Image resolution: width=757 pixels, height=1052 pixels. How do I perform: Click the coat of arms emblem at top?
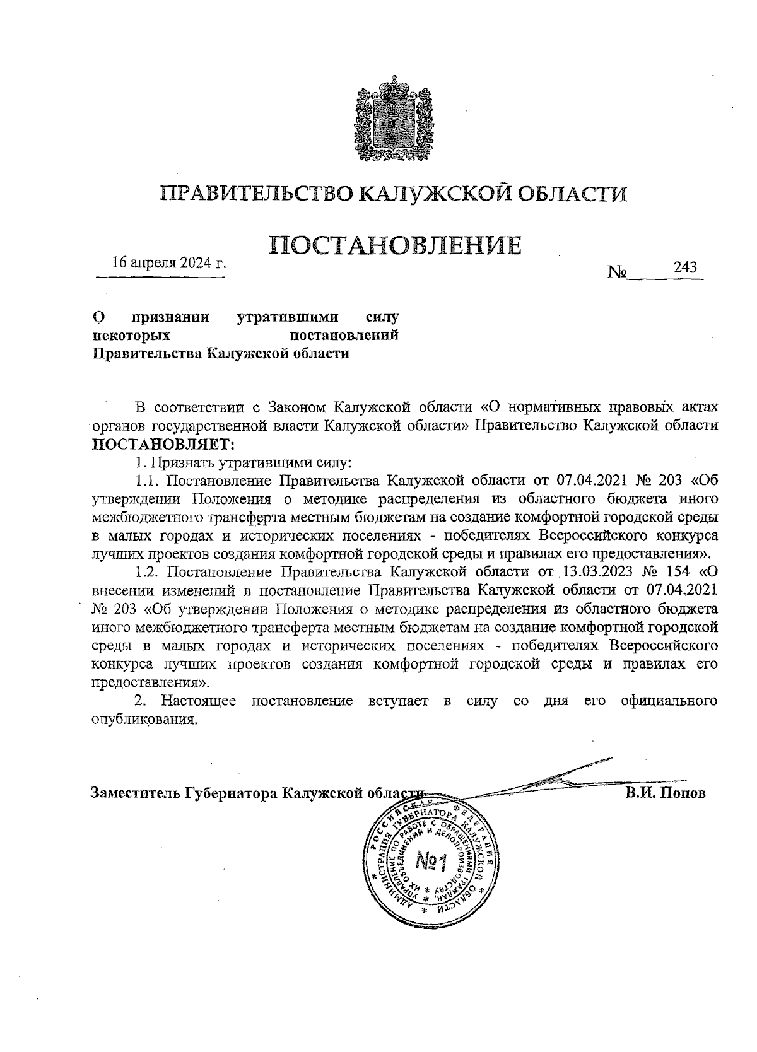tap(394, 120)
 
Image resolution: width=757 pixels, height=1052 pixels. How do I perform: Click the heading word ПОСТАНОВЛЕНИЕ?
tap(396, 245)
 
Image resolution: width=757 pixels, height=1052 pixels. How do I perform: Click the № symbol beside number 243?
tap(617, 272)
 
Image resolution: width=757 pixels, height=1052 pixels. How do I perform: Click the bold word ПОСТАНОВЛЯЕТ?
tap(163, 443)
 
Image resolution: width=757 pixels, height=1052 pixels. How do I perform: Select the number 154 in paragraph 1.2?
tap(678, 573)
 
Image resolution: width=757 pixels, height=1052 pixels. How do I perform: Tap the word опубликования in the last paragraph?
tap(141, 720)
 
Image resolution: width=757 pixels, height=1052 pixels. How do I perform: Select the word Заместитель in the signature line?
tap(135, 793)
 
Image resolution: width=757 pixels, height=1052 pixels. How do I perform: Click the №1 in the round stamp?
tap(431, 861)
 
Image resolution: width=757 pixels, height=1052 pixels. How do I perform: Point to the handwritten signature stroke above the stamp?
tap(555, 778)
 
